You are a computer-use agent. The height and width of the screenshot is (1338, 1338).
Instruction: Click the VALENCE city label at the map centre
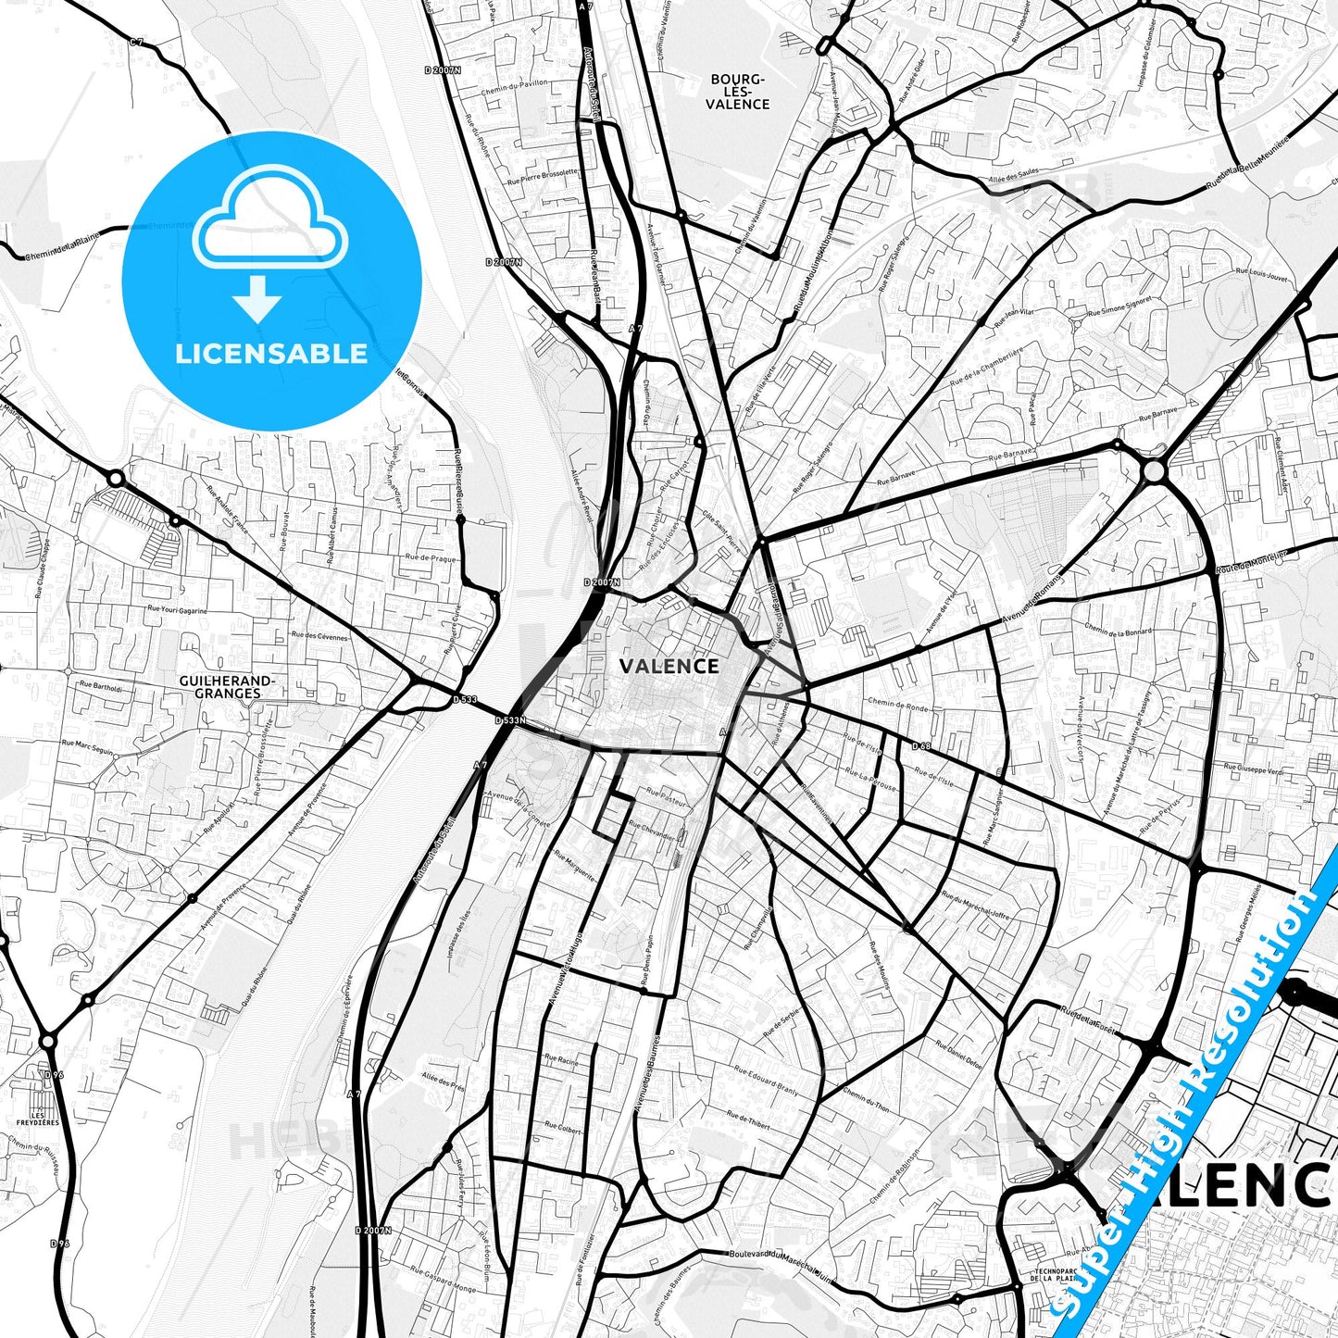(669, 666)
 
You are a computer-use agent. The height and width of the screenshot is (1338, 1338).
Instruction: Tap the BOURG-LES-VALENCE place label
(737, 92)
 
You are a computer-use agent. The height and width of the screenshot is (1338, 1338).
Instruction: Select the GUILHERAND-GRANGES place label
(227, 686)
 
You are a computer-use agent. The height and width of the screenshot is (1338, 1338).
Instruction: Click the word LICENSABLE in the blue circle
(271, 353)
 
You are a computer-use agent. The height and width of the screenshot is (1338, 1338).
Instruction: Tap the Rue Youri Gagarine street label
(178, 610)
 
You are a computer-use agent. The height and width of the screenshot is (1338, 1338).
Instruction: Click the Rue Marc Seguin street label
(87, 745)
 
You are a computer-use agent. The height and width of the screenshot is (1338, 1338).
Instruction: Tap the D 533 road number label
(465, 699)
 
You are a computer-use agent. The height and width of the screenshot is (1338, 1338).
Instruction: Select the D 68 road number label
(920, 746)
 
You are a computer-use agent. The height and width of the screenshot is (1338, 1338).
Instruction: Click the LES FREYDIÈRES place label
(44, 1118)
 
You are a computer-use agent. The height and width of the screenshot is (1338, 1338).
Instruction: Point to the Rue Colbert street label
(563, 1127)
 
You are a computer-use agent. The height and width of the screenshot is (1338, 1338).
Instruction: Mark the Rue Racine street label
(561, 1062)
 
